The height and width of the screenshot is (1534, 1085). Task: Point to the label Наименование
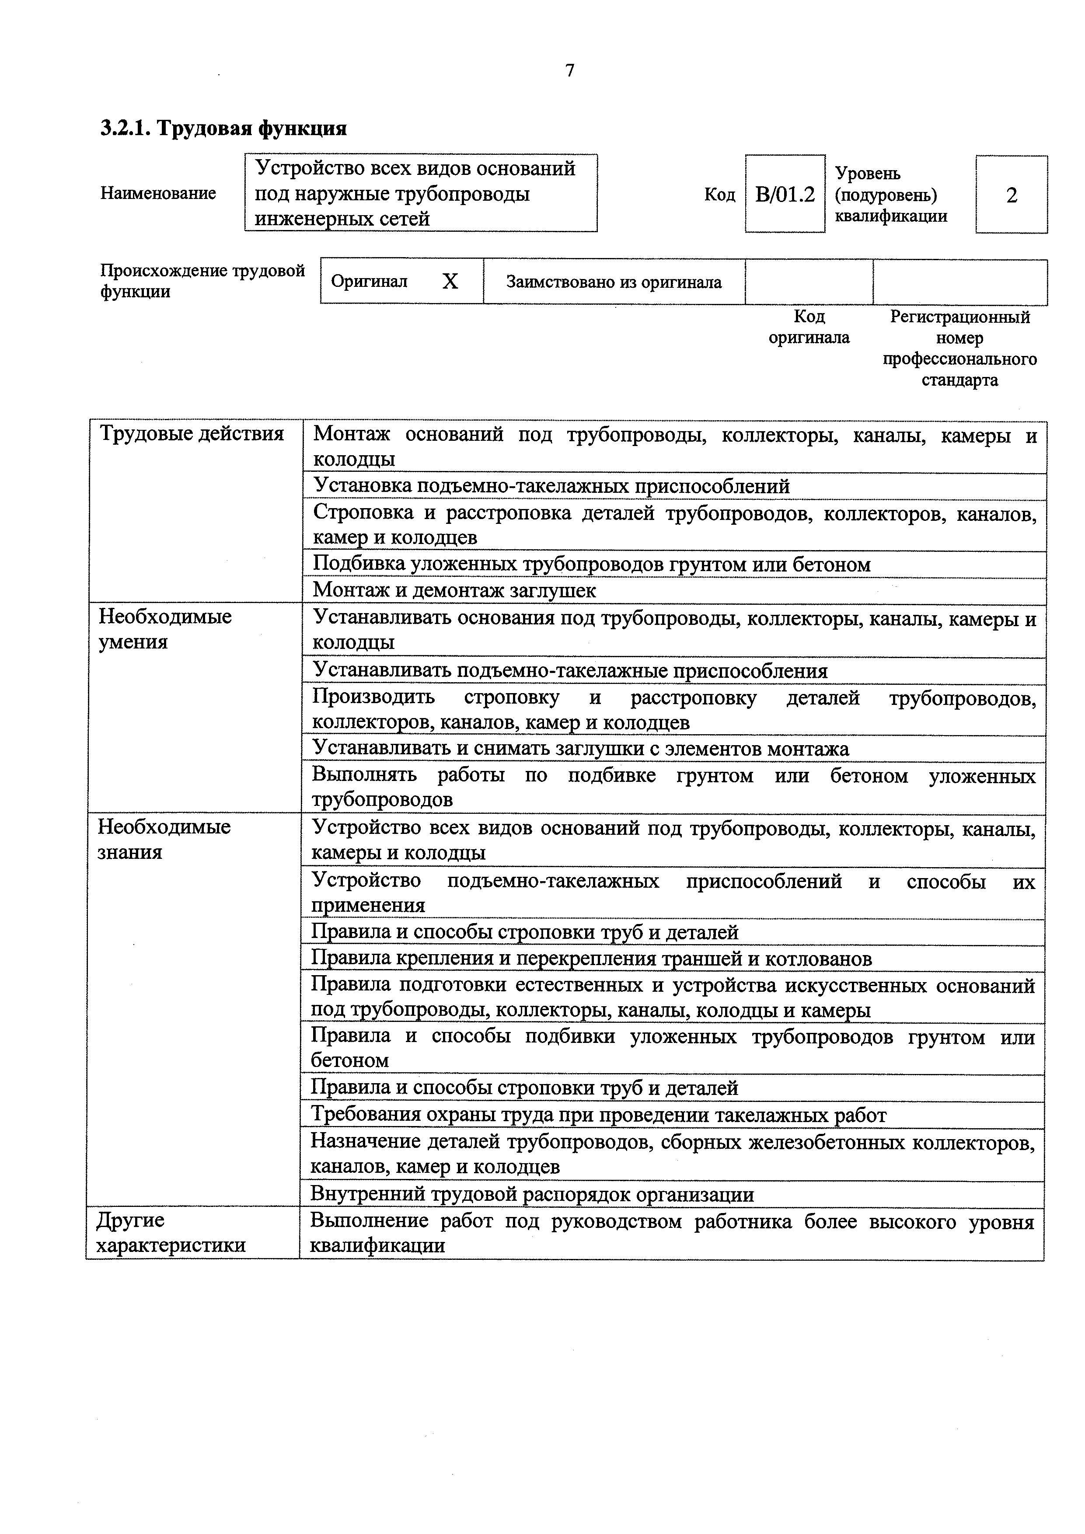pos(158,193)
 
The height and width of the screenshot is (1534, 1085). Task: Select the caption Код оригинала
pos(809,327)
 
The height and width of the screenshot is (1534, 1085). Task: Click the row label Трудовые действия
pos(192,434)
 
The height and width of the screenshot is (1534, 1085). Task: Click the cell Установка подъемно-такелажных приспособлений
pos(551,486)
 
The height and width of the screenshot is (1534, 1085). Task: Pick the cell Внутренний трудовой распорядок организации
pos(533,1194)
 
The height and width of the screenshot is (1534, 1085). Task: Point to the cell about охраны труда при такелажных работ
pos(599,1115)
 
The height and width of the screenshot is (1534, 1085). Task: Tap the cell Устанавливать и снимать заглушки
pos(581,749)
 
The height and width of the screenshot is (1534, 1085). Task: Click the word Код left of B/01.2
pos(719,195)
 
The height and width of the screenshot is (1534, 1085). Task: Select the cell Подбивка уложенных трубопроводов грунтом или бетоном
pos(592,565)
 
